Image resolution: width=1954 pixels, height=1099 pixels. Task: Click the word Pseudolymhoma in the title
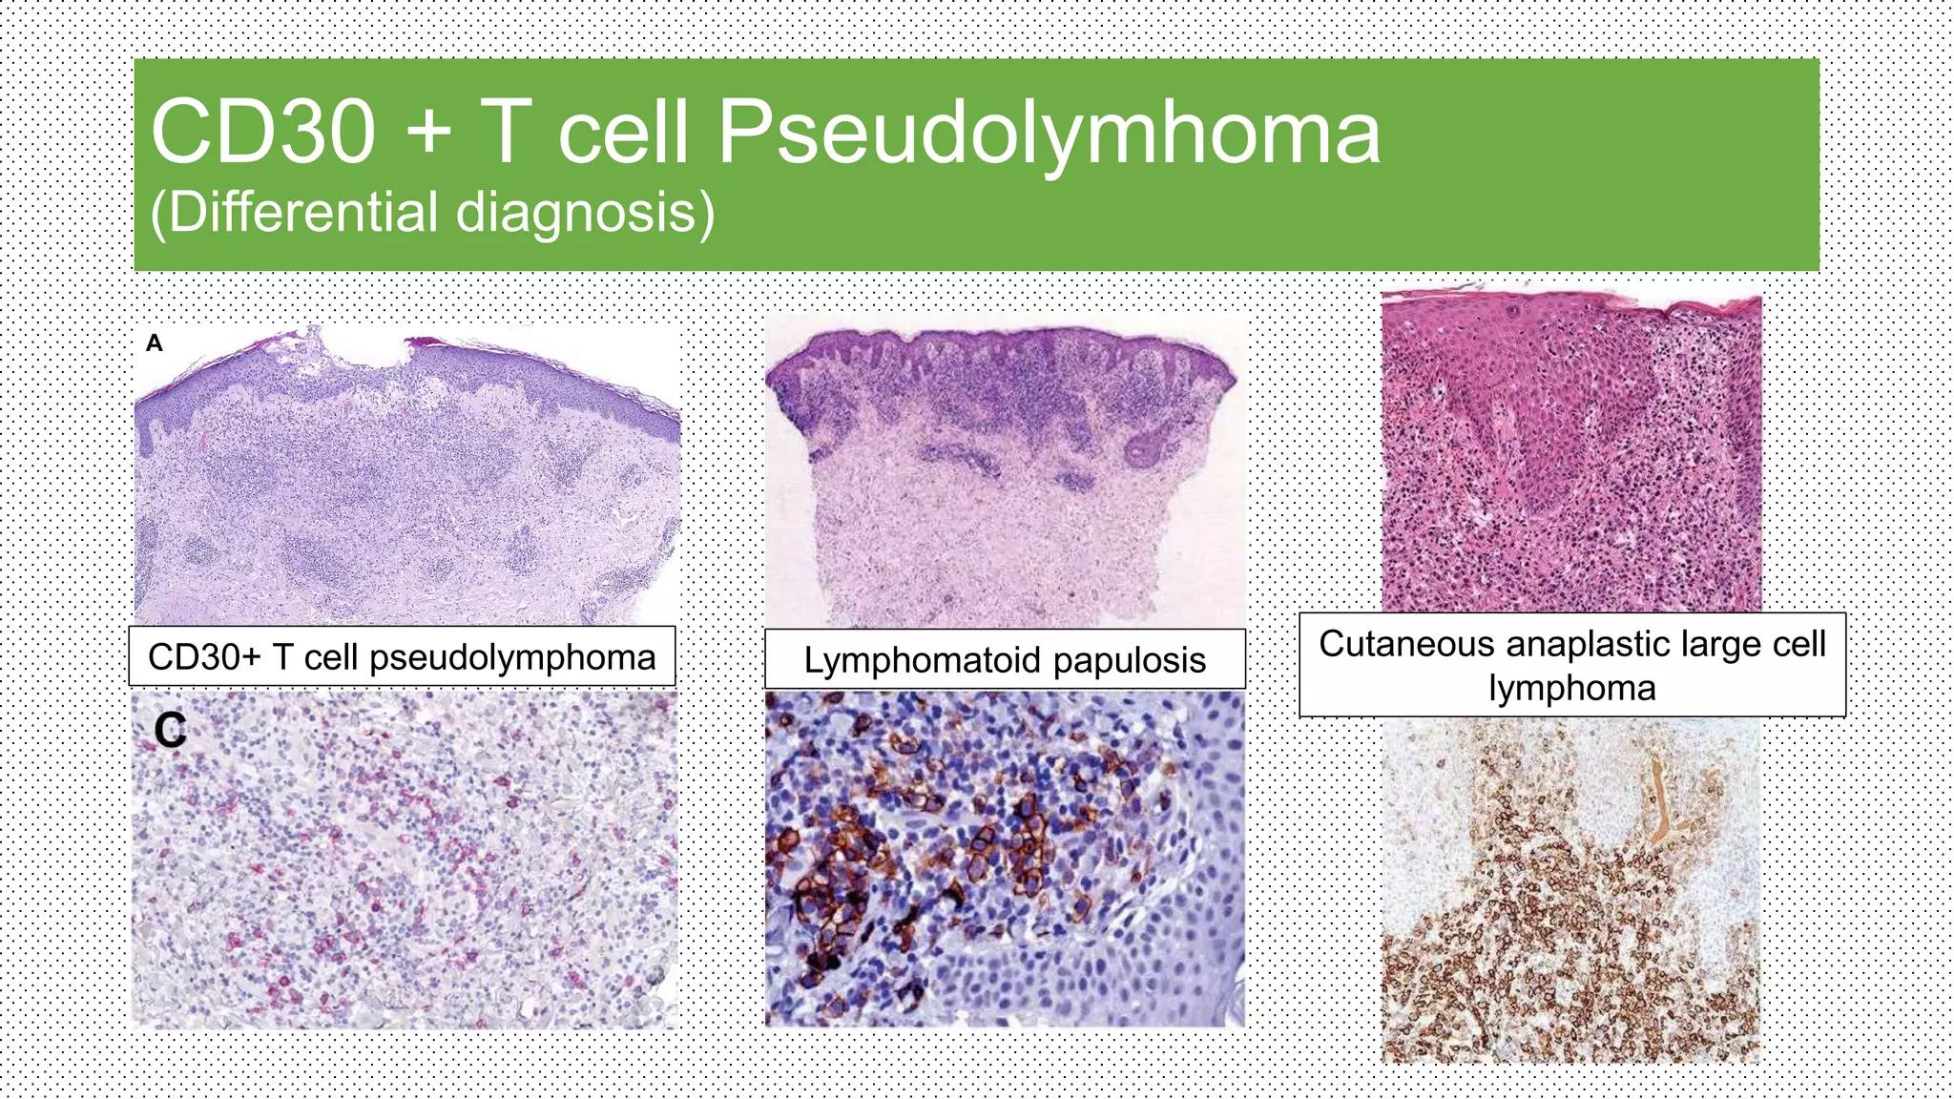[1049, 134]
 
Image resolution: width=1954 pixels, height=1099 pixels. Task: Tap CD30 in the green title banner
[263, 134]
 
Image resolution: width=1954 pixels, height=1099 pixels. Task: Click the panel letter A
[155, 343]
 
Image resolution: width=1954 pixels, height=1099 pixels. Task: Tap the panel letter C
[170, 731]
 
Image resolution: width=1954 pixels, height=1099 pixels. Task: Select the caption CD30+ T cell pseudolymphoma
[402, 657]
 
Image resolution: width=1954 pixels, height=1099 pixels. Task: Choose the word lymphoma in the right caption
[1572, 688]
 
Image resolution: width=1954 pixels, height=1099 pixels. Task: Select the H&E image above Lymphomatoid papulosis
[1005, 472]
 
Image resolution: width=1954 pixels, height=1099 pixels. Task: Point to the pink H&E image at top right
[1571, 448]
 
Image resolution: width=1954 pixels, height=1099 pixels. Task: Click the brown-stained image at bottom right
[1570, 892]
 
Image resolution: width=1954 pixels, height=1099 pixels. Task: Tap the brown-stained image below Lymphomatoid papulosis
[1005, 859]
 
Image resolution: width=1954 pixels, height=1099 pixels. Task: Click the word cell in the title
[623, 134]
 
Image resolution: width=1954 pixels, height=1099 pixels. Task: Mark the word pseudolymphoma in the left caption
[512, 657]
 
